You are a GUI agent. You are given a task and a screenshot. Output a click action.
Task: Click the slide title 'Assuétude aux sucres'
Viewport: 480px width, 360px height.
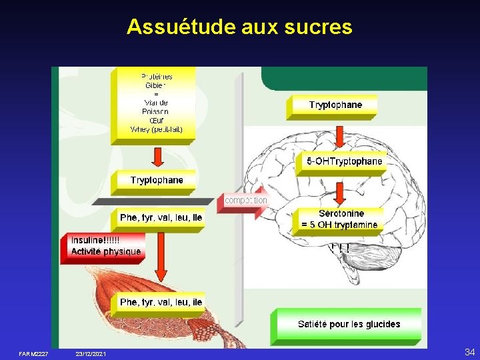coord(239,27)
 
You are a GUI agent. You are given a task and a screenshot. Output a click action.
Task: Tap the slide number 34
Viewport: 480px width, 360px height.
coord(469,351)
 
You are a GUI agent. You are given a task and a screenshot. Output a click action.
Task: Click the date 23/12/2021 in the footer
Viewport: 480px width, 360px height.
coord(91,353)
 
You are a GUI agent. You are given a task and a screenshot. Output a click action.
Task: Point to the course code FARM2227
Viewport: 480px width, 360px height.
coord(33,353)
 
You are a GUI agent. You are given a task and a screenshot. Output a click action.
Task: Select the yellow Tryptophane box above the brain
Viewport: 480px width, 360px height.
coord(335,105)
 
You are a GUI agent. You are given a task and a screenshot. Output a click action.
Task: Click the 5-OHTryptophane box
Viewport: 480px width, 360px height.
coord(344,162)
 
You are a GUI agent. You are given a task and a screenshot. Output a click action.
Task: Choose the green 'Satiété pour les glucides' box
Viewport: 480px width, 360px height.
coord(349,324)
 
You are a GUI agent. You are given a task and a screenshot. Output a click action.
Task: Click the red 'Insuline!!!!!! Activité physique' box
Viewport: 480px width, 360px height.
coord(105,246)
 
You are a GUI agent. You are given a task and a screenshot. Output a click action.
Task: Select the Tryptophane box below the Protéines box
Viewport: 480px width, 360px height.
coord(157,181)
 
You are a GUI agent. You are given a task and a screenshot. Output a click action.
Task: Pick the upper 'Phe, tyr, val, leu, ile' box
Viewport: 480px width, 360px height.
coord(161,218)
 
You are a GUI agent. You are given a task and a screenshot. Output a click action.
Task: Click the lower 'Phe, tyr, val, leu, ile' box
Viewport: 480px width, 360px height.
coord(161,303)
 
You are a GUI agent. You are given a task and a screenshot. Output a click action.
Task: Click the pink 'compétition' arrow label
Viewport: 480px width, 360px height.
coord(245,200)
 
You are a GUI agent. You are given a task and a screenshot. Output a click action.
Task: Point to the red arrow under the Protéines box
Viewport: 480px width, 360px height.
coord(157,157)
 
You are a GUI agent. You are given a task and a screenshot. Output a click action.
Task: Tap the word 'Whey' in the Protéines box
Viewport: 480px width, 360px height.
coord(141,129)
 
